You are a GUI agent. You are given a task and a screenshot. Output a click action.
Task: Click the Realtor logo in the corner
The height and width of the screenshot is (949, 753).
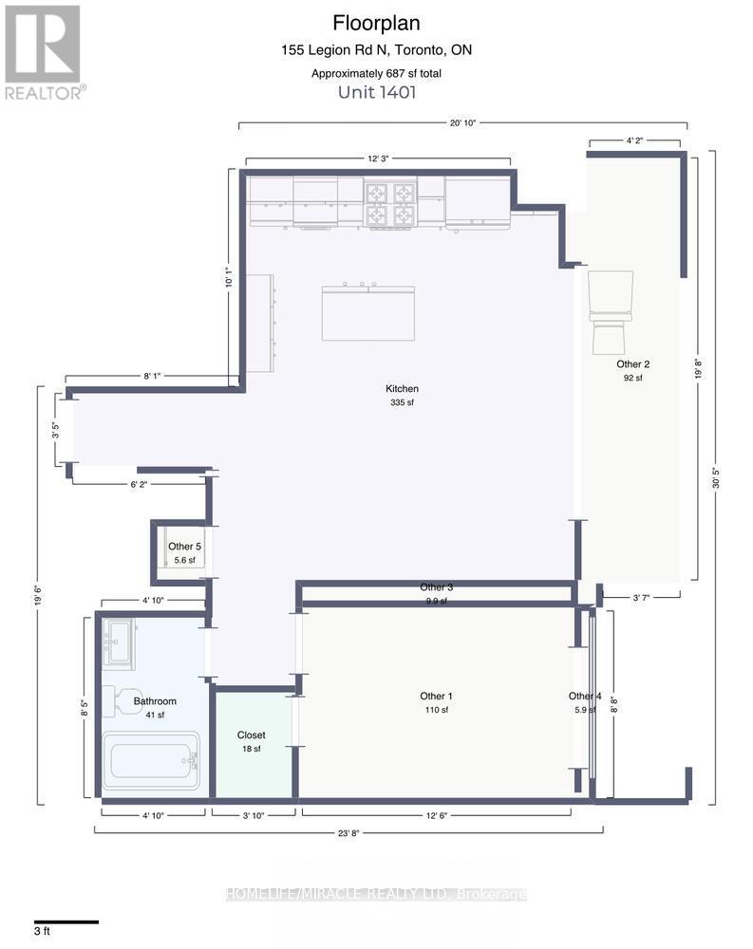[44, 51]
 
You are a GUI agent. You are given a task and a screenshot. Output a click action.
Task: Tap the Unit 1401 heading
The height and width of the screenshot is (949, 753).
[376, 92]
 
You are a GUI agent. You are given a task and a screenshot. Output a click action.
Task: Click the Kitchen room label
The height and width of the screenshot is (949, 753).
[402, 389]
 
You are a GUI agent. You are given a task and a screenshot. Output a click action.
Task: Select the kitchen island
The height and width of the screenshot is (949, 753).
[367, 312]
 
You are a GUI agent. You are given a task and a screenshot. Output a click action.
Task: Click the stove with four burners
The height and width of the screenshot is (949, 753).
[391, 204]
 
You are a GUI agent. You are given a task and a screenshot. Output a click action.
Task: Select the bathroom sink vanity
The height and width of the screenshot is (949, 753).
[120, 642]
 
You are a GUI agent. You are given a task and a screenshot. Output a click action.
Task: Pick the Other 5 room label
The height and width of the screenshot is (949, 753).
[184, 547]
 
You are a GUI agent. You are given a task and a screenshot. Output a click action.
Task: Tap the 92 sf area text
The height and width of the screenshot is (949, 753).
[632, 378]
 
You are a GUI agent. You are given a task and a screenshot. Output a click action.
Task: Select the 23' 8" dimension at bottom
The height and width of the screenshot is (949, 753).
[348, 834]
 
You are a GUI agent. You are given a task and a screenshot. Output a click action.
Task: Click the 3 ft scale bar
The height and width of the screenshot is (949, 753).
[66, 921]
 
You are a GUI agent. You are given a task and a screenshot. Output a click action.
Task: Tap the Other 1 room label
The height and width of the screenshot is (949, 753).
[435, 697]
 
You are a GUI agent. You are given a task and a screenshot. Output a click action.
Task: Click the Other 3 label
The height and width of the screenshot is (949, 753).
[436, 587]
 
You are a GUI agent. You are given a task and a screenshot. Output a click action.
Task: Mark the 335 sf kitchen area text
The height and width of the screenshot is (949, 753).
[402, 403]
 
